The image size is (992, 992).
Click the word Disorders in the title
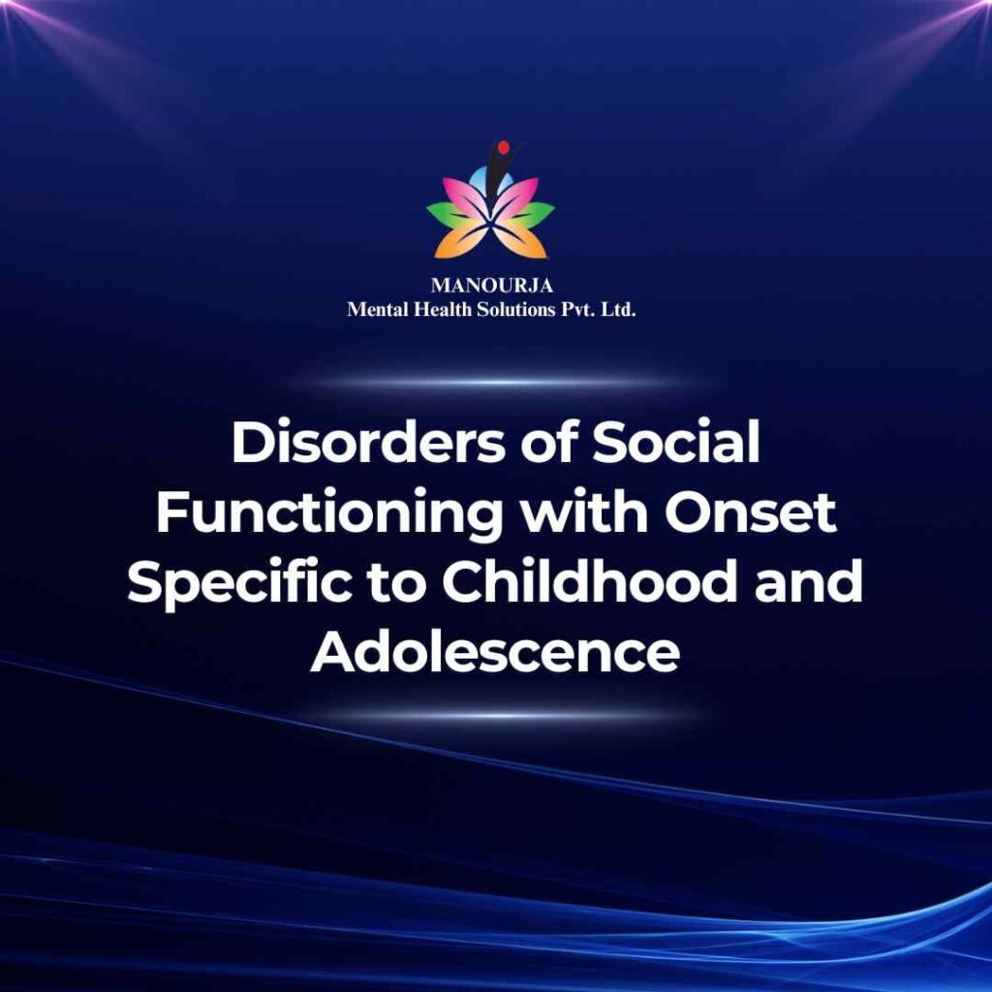tap(369, 442)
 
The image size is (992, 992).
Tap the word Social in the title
tap(675, 442)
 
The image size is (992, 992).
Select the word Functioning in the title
tap(328, 512)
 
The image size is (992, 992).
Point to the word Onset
tap(751, 512)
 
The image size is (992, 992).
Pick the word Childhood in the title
tap(590, 581)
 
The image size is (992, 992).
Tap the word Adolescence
tap(495, 652)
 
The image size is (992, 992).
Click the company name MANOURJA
tap(491, 286)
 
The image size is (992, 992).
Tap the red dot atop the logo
tap(504, 148)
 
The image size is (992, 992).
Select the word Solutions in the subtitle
tap(515, 309)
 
